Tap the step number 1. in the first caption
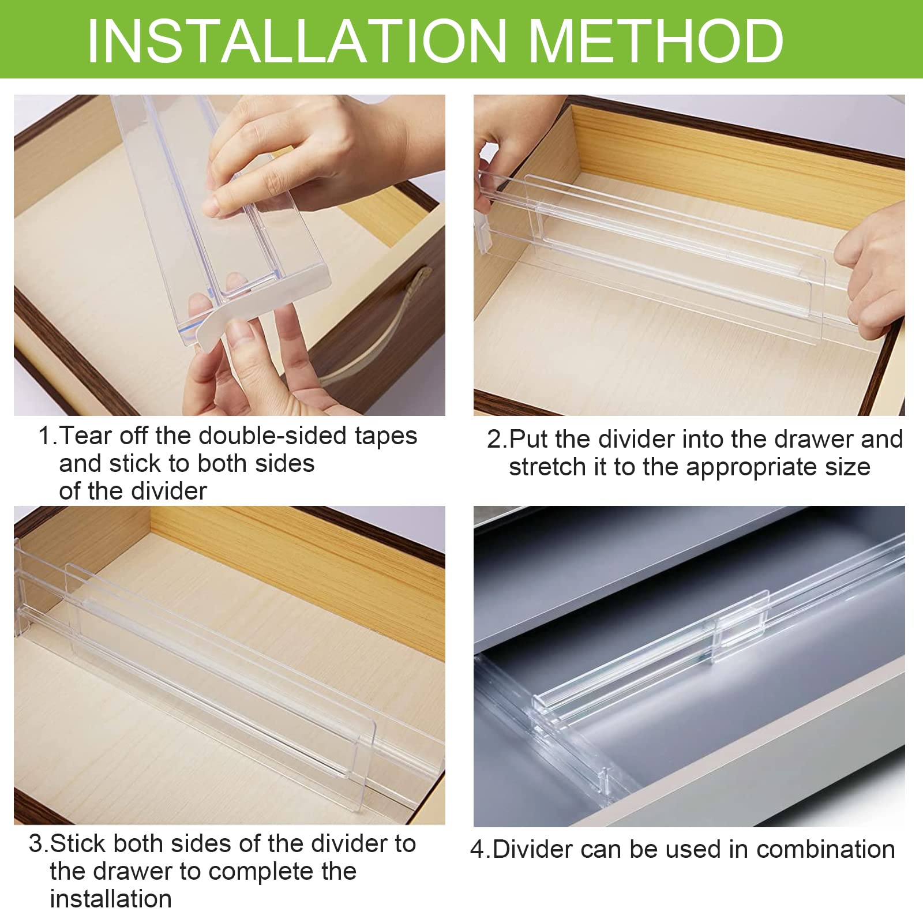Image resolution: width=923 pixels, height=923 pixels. click(48, 436)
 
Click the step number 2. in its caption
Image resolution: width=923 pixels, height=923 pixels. click(496, 440)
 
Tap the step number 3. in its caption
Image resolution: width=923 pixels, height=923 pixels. click(39, 844)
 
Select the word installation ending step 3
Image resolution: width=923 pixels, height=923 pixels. click(111, 899)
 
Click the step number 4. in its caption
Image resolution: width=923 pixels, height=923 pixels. click(480, 850)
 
